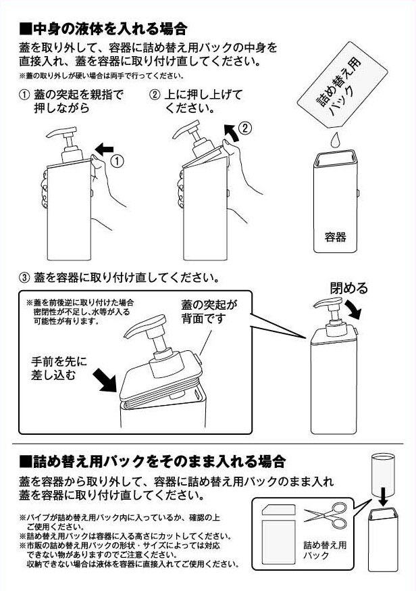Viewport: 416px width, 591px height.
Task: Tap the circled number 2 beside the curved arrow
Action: (246, 126)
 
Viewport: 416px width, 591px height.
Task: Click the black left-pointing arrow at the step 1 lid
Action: (105, 148)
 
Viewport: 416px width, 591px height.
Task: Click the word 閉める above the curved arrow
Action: (349, 289)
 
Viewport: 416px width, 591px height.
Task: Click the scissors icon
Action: (325, 516)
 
